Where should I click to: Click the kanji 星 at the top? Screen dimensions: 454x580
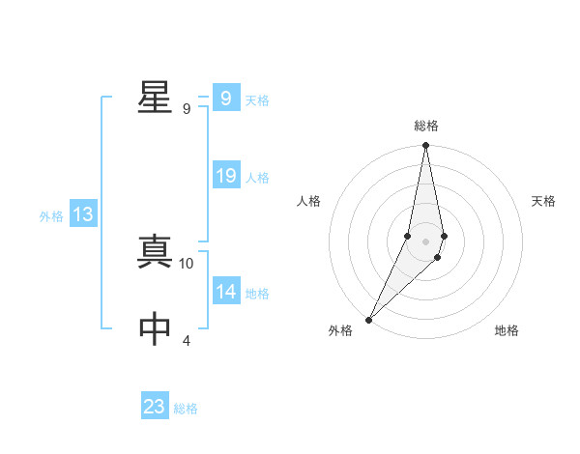[x=154, y=97]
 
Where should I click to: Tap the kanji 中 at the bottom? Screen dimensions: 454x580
[x=154, y=328]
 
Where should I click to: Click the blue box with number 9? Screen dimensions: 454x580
[x=225, y=98]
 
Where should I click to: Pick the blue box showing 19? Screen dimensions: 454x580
[x=225, y=176]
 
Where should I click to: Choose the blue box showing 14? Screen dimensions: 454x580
[x=225, y=292]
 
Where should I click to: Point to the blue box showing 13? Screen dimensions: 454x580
[x=83, y=214]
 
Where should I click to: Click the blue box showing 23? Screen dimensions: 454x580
[x=155, y=406]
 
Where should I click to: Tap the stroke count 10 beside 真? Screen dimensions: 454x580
[x=187, y=263]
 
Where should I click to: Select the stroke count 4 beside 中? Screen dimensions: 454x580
[x=187, y=340]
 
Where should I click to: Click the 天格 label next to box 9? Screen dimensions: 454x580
[x=257, y=100]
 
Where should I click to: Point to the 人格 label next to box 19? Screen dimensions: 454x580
[x=257, y=178]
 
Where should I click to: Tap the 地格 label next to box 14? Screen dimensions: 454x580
[x=257, y=294]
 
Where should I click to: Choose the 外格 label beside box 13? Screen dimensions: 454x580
[x=51, y=216]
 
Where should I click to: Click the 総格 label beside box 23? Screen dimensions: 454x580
[x=186, y=409]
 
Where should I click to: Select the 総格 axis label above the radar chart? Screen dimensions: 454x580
[x=426, y=126]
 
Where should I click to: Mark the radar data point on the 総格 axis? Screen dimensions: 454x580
[x=426, y=146]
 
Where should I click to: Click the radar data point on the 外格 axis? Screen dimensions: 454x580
[x=369, y=319]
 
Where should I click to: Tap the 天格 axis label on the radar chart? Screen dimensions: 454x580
[x=544, y=201]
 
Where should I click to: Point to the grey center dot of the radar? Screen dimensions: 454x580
[x=426, y=241]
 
